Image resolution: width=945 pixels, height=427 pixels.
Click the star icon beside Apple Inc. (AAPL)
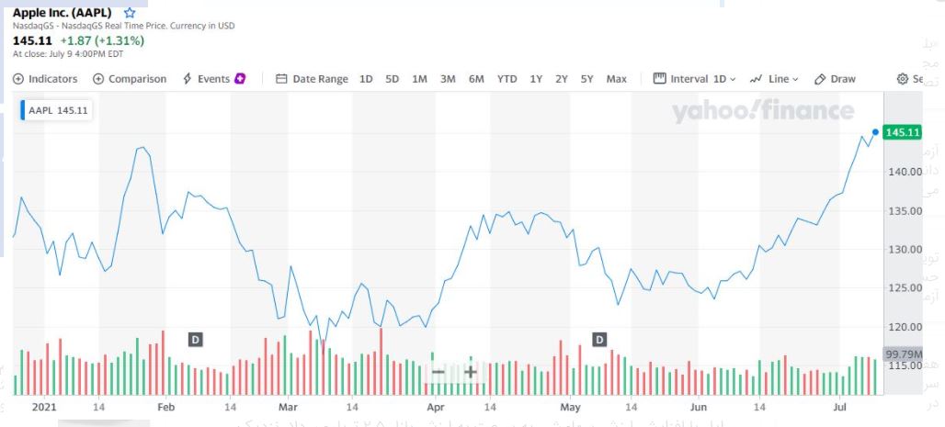pyautogui.click(x=130, y=14)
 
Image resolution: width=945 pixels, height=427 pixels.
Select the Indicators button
pyautogui.click(x=45, y=79)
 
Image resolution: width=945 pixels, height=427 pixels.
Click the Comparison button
pyautogui.click(x=130, y=79)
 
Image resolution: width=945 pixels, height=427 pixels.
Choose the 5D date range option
pyautogui.click(x=393, y=79)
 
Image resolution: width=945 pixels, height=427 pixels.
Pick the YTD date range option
pyautogui.click(x=507, y=79)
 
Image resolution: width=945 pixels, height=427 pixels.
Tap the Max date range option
pyautogui.click(x=616, y=79)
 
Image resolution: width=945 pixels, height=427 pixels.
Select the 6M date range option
pyautogui.click(x=476, y=79)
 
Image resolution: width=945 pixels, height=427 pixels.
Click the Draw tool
pyautogui.click(x=835, y=79)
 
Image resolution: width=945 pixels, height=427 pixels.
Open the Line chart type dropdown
pyautogui.click(x=774, y=79)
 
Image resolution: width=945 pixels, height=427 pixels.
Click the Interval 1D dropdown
pyautogui.click(x=694, y=79)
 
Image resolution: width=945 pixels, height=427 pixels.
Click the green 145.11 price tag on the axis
pyautogui.click(x=902, y=132)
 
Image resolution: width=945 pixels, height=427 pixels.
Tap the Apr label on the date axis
pyautogui.click(x=436, y=406)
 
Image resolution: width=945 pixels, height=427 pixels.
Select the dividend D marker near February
pyautogui.click(x=195, y=340)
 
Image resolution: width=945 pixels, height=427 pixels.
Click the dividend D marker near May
pyautogui.click(x=599, y=340)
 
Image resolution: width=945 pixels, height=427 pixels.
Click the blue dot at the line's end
pyautogui.click(x=874, y=131)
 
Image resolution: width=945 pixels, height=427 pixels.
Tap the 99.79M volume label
pyautogui.click(x=903, y=354)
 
